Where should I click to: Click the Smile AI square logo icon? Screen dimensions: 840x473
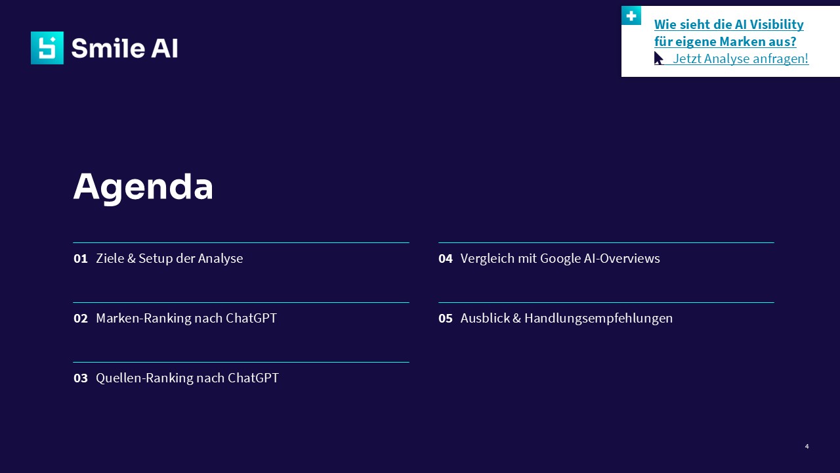click(47, 48)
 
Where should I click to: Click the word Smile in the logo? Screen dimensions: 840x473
click(109, 48)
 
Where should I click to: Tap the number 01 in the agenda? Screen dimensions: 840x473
click(81, 259)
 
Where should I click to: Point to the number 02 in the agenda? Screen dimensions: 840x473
click(81, 319)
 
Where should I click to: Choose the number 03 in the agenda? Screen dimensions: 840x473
click(81, 378)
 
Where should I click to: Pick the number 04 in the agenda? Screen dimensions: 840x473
click(446, 259)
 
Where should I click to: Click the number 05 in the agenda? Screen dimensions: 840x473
click(446, 319)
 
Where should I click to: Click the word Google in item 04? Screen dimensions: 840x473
click(560, 259)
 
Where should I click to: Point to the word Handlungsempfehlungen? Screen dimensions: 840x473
click(598, 319)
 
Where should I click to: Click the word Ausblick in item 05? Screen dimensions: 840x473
click(485, 319)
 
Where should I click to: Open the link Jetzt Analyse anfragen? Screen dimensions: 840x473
click(740, 58)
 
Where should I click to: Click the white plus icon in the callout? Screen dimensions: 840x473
click(631, 16)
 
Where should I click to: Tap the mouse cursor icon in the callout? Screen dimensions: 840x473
click(658, 58)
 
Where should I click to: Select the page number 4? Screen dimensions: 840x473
click(807, 446)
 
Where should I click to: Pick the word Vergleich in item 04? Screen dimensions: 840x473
click(488, 259)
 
